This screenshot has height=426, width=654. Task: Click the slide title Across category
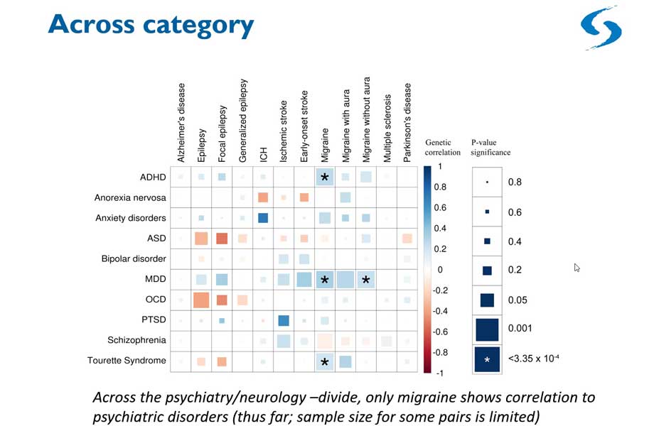click(x=151, y=26)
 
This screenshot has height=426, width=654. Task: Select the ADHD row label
click(x=154, y=177)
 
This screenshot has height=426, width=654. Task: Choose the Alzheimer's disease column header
click(x=181, y=121)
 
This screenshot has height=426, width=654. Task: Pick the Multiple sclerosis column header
click(x=387, y=125)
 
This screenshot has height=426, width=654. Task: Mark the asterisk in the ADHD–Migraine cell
click(x=325, y=177)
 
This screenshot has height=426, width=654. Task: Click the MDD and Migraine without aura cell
click(x=366, y=280)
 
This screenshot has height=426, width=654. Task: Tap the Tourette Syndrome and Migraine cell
click(x=325, y=362)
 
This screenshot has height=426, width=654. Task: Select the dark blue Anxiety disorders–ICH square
click(x=263, y=218)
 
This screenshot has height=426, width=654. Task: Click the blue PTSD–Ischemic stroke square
click(x=284, y=321)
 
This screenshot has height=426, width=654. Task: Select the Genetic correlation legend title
click(x=443, y=147)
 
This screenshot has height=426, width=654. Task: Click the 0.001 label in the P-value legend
click(x=518, y=328)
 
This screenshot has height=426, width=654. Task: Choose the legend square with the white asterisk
click(x=487, y=359)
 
